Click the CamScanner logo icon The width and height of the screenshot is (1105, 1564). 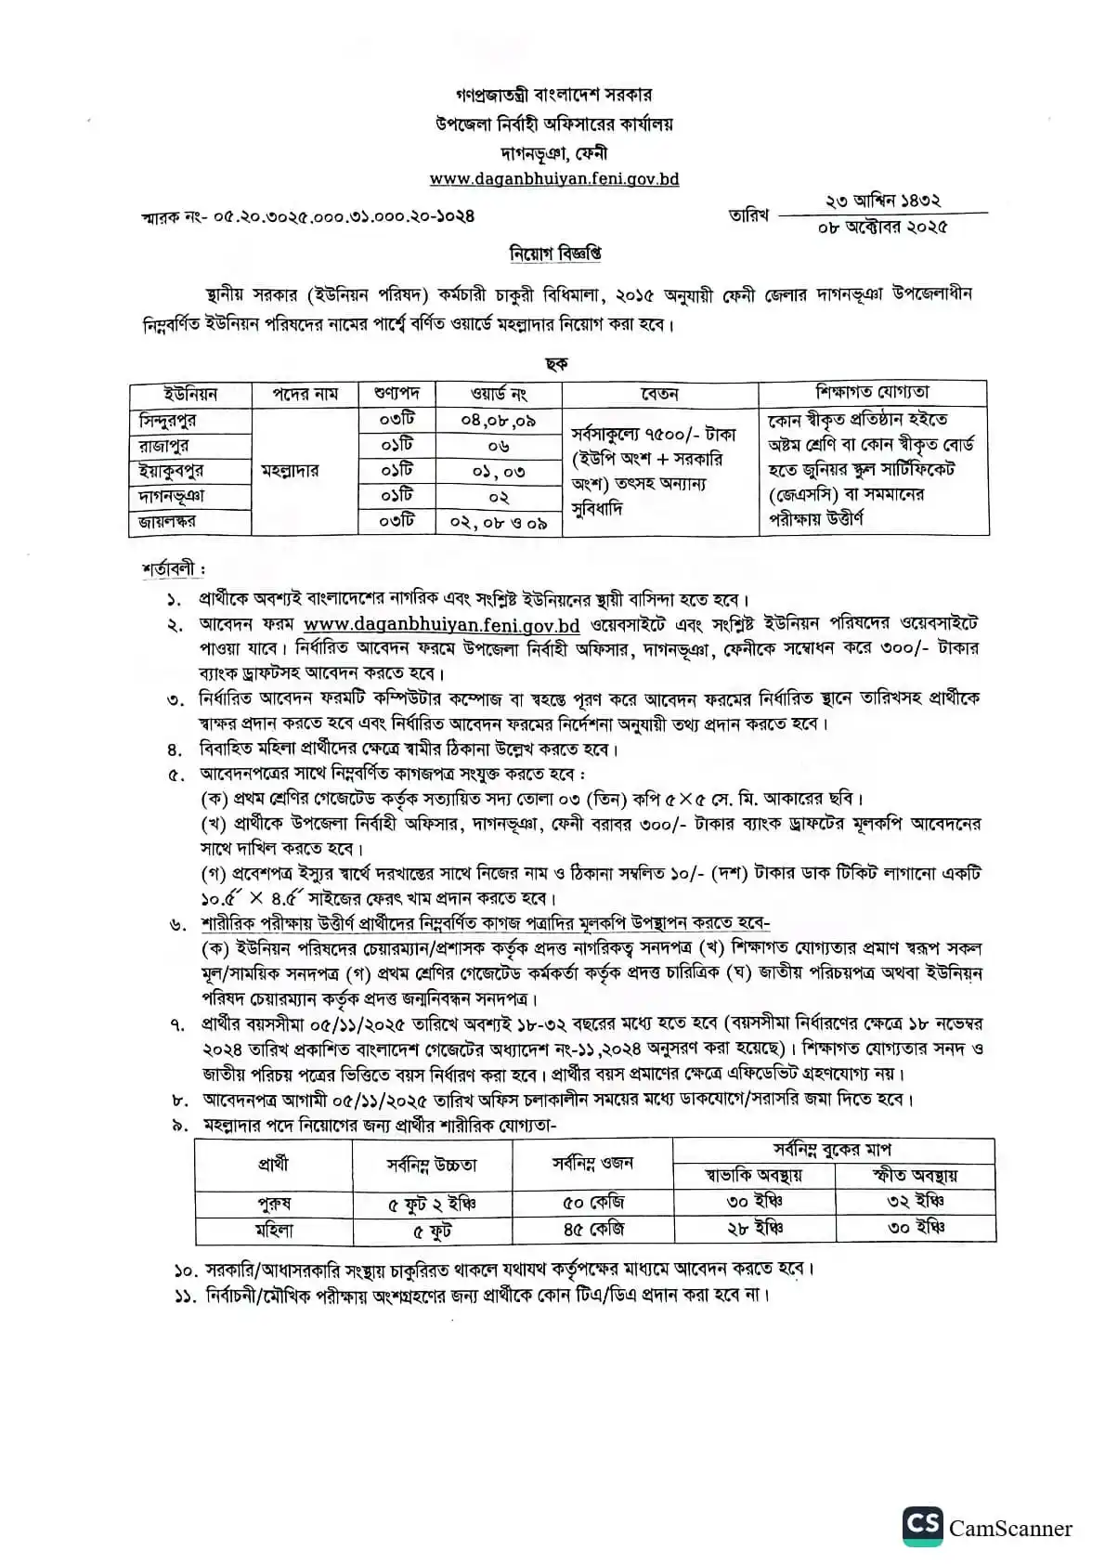coord(921,1527)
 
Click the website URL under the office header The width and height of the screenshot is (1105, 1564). coord(553,179)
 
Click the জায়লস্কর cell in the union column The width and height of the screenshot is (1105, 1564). coord(167,522)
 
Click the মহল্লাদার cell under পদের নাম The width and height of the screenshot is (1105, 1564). coord(291,471)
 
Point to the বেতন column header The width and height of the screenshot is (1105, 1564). coord(659,394)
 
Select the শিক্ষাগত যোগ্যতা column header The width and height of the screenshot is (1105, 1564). coord(872,392)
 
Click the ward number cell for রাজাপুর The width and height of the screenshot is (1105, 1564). coord(498,446)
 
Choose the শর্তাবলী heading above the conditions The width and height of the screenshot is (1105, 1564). coord(173,569)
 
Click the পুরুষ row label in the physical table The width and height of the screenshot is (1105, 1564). coord(274,1204)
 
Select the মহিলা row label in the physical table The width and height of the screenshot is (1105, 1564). coord(274,1230)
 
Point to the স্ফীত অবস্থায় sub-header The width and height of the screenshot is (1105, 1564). coord(915,1176)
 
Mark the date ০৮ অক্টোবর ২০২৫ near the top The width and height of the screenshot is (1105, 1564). coord(882,227)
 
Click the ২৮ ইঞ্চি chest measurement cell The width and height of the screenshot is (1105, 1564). coord(754,1229)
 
